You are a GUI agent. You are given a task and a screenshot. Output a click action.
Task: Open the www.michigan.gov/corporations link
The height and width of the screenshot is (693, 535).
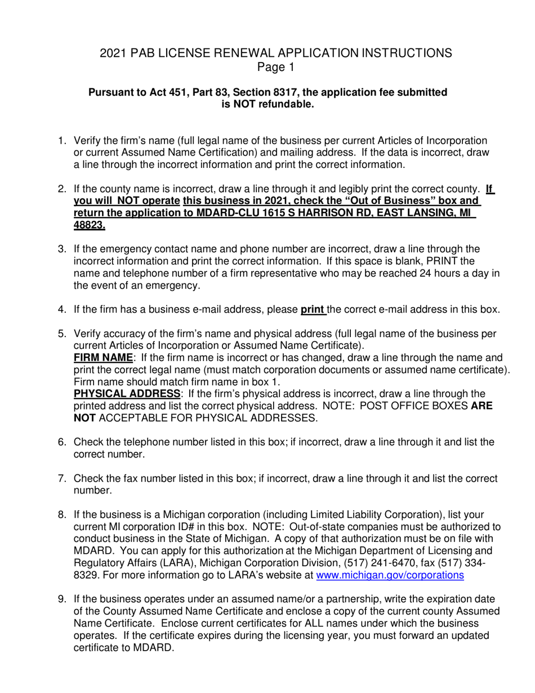pos(391,575)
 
